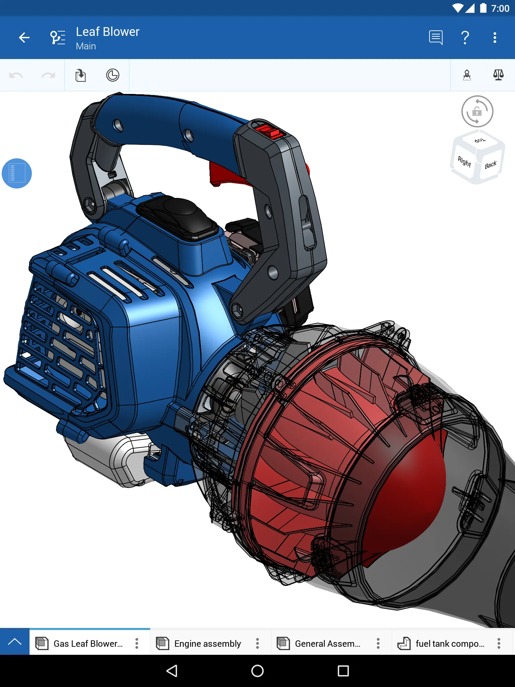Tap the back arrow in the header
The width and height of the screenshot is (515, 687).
tap(24, 38)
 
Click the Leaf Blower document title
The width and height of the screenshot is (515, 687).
tap(107, 32)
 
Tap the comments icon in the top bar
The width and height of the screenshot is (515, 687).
tap(436, 38)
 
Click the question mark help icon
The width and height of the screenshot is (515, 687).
tap(465, 38)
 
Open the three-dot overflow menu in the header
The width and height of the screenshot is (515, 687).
tap(495, 38)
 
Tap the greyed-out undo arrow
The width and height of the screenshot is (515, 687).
tap(16, 75)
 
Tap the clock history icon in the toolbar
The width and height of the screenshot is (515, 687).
tap(113, 75)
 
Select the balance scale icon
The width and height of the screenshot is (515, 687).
tap(498, 75)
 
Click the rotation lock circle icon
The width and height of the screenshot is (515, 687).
tap(477, 111)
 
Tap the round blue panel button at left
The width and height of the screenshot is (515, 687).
tap(17, 173)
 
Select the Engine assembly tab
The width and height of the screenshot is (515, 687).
tap(207, 643)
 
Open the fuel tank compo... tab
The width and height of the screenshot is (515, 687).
tap(449, 643)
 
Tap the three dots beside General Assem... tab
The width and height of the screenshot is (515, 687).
tap(378, 643)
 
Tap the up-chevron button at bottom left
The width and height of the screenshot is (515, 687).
tap(15, 642)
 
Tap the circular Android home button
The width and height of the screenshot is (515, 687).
tap(257, 671)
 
